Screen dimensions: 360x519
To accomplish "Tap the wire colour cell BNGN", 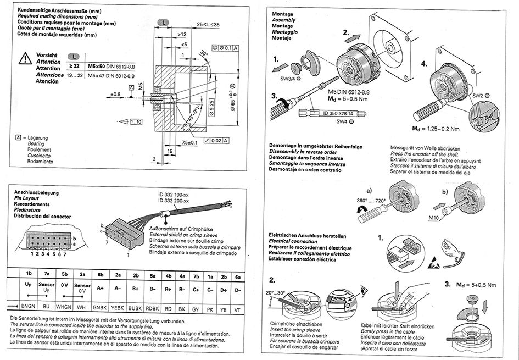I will point(27,309).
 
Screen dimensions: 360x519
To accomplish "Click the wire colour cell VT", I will point(237,309).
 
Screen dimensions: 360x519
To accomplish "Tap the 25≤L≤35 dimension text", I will point(208,25).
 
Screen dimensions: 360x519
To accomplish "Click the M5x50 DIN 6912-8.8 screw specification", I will point(108,67).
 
